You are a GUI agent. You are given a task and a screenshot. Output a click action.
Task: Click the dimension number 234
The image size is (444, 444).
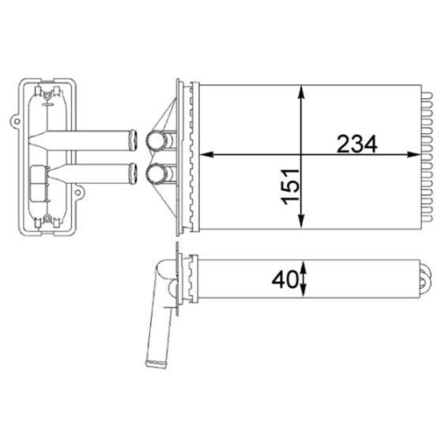[356, 142]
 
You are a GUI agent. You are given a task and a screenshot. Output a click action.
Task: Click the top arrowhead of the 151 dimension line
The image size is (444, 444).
[304, 90]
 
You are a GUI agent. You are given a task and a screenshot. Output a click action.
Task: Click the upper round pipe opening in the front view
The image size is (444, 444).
[161, 139]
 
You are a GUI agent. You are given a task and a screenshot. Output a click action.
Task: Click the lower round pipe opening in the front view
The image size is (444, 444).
[161, 172]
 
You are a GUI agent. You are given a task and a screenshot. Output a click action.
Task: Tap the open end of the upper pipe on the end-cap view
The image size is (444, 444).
[133, 139]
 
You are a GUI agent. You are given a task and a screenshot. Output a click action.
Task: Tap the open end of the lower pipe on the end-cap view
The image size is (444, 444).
[133, 171]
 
